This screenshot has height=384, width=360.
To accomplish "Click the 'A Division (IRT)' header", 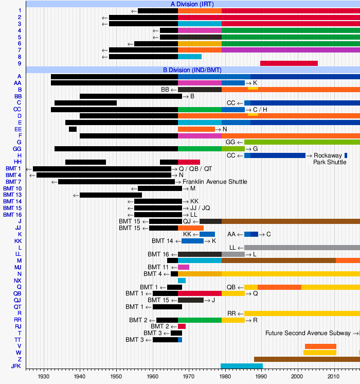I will point(193,4).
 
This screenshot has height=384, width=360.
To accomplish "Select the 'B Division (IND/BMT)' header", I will point(193,69).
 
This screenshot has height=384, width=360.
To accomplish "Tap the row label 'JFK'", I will point(16,366).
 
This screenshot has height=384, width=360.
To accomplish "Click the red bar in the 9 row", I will point(289,63).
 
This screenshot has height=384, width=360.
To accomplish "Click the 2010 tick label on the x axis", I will point(335,377).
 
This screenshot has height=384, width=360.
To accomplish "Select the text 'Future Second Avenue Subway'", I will point(309,333).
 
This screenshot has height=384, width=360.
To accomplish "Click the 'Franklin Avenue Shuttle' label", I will point(215,182).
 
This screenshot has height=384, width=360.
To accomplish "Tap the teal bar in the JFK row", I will point(241,366).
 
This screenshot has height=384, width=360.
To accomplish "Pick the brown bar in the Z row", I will point(307,359).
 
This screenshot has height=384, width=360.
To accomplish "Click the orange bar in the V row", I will point(320,346).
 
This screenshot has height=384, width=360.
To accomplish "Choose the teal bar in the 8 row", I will point(190,57).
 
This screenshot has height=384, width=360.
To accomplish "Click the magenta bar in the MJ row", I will point(184,267).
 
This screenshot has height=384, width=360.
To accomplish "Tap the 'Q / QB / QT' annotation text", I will point(195,169).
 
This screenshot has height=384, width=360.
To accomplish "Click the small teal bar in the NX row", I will point(182,281).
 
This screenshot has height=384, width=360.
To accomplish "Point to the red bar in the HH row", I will point(189,162).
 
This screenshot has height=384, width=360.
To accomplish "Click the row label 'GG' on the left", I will point(17,149).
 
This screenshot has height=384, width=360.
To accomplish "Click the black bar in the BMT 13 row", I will point(111,195).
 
